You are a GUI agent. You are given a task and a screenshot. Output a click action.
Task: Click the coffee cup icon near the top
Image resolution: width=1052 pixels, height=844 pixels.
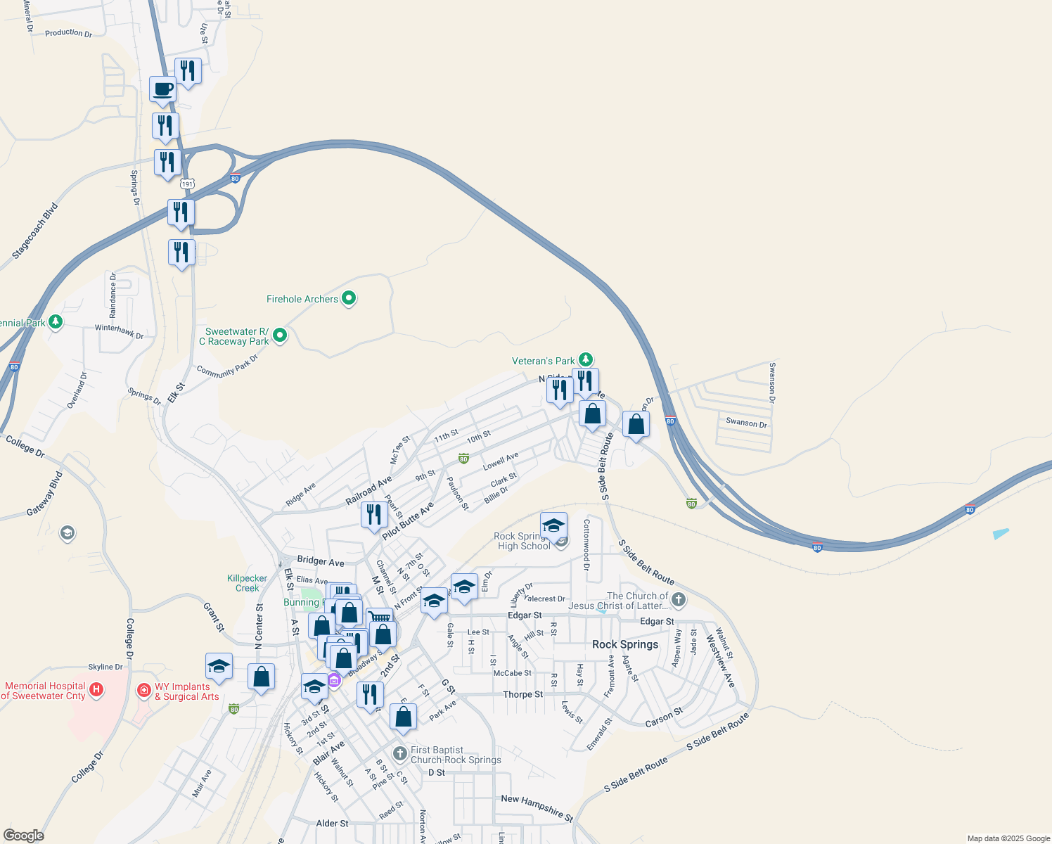tap(162, 90)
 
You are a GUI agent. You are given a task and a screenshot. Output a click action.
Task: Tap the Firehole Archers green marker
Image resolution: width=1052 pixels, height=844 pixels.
tap(349, 299)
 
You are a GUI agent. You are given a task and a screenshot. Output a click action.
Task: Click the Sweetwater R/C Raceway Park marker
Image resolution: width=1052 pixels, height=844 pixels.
tap(280, 336)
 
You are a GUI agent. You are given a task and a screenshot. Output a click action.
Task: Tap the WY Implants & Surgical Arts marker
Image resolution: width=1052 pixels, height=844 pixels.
tap(144, 691)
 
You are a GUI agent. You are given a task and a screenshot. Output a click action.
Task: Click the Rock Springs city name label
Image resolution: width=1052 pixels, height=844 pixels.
tap(625, 644)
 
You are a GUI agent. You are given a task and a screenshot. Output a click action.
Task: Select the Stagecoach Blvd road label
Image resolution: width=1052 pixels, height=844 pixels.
tap(34, 231)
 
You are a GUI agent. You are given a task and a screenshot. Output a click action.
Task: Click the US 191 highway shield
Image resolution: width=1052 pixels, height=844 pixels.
tap(186, 184)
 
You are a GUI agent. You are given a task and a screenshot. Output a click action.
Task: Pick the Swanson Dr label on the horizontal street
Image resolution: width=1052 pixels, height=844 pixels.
tap(746, 423)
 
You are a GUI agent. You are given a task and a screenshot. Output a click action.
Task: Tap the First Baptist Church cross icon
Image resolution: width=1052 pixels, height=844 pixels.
tap(400, 755)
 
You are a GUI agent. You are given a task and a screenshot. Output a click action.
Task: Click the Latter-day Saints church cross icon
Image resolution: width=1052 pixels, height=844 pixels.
tap(678, 600)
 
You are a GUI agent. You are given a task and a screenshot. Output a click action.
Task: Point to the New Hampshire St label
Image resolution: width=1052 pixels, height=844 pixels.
tap(537, 807)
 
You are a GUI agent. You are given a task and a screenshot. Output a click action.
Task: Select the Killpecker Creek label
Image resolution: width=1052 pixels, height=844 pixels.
tap(247, 583)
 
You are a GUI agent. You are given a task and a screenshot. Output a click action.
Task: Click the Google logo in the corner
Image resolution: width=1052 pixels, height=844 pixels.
tap(24, 835)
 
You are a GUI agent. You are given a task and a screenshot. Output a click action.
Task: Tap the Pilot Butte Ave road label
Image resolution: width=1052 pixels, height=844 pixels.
tap(408, 521)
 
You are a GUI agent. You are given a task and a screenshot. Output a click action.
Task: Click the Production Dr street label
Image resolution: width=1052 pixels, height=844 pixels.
tap(68, 32)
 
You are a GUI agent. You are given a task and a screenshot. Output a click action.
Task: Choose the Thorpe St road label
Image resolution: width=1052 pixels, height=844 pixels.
tap(522, 694)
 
